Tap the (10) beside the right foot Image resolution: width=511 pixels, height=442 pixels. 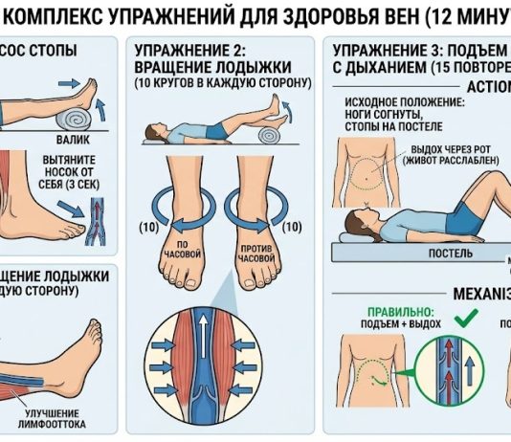pos(294,228)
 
